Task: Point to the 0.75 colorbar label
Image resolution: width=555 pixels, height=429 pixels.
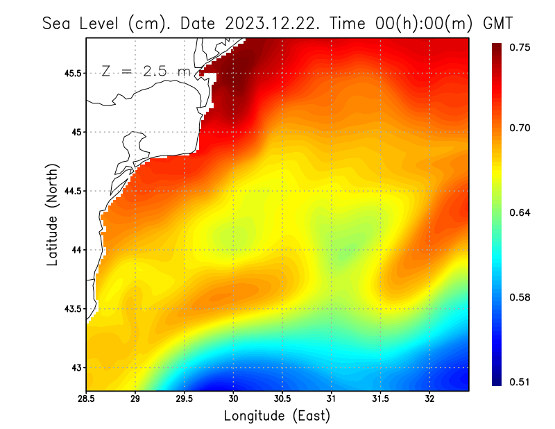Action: click(x=521, y=47)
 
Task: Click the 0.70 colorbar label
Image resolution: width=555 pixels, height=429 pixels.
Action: click(x=521, y=128)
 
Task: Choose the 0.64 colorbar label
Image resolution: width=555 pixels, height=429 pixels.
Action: click(x=521, y=212)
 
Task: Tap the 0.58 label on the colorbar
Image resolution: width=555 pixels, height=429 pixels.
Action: click(x=521, y=298)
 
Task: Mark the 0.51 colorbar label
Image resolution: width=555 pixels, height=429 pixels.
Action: click(x=521, y=382)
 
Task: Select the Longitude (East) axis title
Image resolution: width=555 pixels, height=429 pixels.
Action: click(x=277, y=416)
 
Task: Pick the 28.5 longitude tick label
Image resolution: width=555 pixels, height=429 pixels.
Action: click(x=86, y=398)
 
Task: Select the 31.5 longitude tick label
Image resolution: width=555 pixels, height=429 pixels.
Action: click(x=381, y=398)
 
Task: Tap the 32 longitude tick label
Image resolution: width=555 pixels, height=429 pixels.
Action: click(x=429, y=398)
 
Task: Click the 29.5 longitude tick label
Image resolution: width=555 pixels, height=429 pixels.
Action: click(x=185, y=398)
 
